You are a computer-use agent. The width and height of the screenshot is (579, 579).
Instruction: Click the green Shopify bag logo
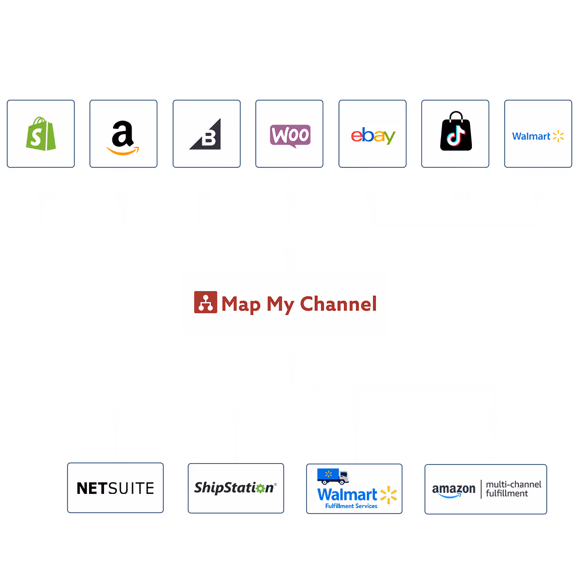click(41, 134)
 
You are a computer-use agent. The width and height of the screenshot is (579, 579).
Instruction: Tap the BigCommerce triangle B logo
click(206, 135)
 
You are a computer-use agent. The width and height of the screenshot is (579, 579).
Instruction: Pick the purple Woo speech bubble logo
click(290, 135)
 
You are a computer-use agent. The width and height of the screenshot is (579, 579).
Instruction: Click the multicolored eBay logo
click(373, 135)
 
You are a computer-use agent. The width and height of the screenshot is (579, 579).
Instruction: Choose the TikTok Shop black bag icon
click(456, 132)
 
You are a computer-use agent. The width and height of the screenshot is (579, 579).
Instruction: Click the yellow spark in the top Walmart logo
click(558, 136)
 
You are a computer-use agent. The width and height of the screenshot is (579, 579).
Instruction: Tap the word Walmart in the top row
click(531, 136)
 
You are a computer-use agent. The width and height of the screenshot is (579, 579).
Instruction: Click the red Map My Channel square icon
click(205, 303)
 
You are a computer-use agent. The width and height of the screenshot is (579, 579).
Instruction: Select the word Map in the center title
click(241, 305)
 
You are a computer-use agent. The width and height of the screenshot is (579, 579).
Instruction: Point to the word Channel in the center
click(338, 304)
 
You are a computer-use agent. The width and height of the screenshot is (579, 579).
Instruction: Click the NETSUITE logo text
click(115, 489)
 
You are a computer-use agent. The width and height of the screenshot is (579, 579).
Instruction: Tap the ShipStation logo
click(235, 488)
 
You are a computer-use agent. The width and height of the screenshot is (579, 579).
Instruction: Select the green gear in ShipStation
click(260, 488)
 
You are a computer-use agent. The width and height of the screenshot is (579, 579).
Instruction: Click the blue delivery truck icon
click(333, 476)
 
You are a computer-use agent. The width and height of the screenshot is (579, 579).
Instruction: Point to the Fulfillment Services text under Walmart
click(351, 506)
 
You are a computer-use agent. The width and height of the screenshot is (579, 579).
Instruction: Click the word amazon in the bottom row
click(453, 490)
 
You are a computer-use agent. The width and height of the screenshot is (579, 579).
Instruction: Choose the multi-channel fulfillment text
click(513, 489)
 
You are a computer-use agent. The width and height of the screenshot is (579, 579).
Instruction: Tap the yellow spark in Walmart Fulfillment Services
click(389, 495)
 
